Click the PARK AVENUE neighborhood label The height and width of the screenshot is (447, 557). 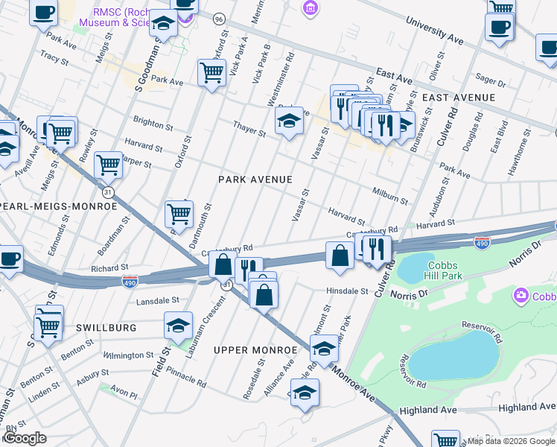pos(255,180)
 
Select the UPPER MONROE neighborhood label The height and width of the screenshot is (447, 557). pos(250,349)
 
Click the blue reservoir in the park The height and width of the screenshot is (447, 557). pos(452,355)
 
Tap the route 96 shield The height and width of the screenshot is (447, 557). pos(218,17)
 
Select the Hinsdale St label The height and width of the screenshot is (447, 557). pos(347,291)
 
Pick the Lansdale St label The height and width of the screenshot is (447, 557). pos(158,301)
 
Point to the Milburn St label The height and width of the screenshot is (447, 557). pos(390,196)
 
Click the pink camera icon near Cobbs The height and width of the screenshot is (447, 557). pos(521,296)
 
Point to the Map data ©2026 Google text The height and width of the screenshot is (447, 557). pos(511,441)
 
